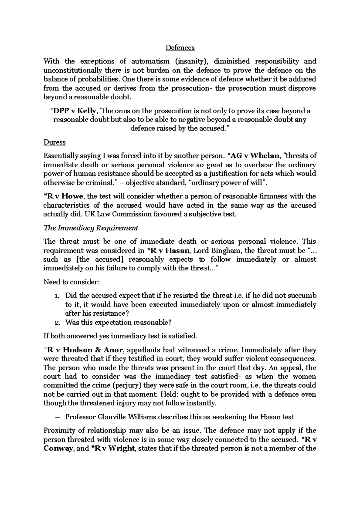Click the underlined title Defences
coord(180,48)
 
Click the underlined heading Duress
coord(55,142)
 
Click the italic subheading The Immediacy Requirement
coord(91,228)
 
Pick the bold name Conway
coord(58,448)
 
